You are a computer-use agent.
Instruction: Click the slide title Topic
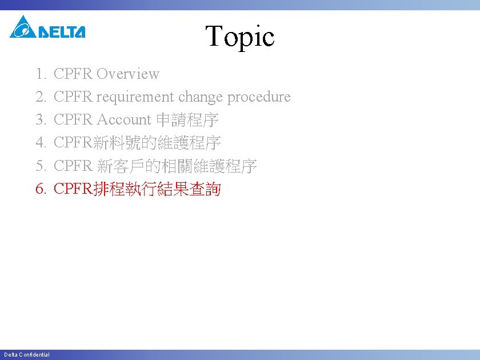[x=240, y=37]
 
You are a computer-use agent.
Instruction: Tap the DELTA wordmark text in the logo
[x=62, y=32]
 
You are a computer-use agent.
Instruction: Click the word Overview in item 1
[x=128, y=74]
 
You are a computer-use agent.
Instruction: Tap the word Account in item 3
[x=123, y=120]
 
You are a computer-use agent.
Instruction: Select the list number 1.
[x=40, y=74]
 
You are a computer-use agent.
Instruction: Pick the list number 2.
[x=40, y=97]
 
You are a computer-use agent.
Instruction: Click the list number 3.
[x=40, y=120]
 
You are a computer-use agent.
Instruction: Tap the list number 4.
[x=40, y=143]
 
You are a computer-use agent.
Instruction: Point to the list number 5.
[x=40, y=166]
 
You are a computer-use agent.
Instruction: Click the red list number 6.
[x=40, y=189]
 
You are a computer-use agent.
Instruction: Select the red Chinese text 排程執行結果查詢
[x=156, y=189]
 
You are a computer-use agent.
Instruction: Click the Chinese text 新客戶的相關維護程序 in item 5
[x=177, y=166]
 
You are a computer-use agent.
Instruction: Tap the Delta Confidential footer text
[x=27, y=355]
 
